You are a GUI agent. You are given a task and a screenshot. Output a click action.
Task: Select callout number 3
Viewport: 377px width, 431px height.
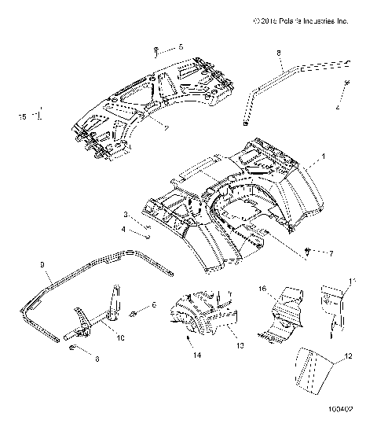point(123,214)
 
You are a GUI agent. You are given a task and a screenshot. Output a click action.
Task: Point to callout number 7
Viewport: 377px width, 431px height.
point(331,253)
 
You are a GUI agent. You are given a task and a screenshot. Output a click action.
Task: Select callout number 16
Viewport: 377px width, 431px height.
point(263,289)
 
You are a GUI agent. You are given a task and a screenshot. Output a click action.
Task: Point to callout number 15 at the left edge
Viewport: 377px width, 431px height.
point(23,116)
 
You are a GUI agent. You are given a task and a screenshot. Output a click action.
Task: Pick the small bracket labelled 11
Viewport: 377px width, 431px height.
point(333,307)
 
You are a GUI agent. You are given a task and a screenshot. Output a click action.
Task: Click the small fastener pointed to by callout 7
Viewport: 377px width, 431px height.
point(309,251)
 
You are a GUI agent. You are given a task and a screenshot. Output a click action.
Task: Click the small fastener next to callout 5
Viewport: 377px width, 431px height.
point(157,51)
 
